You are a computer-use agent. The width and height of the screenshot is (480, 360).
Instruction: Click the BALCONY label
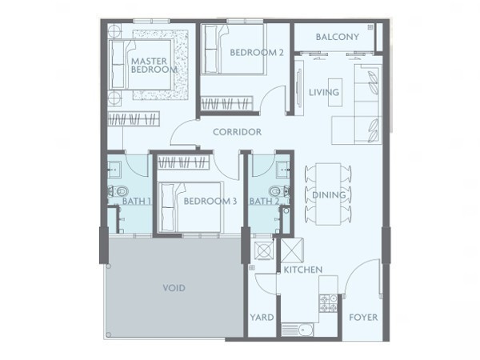tap(338, 37)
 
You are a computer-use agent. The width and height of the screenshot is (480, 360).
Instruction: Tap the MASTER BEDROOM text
tap(154, 66)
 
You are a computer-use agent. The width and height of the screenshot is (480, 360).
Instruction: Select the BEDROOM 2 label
tap(257, 52)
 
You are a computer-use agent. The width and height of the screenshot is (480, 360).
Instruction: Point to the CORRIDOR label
tap(238, 132)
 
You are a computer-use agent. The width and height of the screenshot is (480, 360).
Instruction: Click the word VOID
tap(174, 288)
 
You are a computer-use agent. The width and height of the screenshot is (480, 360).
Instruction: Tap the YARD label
tap(262, 317)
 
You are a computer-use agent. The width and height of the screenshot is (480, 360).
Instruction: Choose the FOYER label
tap(363, 317)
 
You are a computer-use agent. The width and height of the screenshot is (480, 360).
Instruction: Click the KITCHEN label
tap(303, 270)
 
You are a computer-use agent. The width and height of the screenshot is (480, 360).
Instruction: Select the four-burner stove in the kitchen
tap(328, 302)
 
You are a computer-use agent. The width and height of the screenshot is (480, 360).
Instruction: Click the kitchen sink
tap(298, 330)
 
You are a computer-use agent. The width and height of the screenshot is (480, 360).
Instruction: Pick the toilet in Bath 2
tap(279, 192)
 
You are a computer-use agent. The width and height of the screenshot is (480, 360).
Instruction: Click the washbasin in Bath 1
tap(114, 170)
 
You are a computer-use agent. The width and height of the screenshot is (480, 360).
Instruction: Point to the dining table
tap(328, 194)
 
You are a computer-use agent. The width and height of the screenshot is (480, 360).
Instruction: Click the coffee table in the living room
tap(335, 92)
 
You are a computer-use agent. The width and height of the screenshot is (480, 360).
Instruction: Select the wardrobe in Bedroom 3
tap(183, 162)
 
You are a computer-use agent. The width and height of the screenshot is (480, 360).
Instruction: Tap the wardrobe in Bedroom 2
tap(227, 103)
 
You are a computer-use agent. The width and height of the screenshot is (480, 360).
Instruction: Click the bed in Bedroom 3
tap(190, 207)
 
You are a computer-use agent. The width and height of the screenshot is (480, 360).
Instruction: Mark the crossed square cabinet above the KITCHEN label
tap(292, 250)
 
